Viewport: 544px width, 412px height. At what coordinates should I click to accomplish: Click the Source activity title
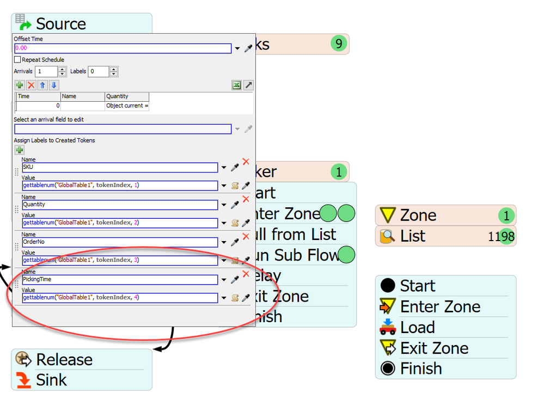[x=60, y=23]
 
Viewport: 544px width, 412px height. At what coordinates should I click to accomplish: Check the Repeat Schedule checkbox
[x=17, y=60]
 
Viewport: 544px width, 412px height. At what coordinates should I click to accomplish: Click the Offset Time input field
[x=123, y=48]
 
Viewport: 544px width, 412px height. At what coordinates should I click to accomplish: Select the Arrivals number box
[x=46, y=71]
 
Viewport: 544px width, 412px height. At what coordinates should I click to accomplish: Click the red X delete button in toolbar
[x=31, y=85]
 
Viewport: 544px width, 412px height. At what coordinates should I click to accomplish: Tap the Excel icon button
[x=236, y=85]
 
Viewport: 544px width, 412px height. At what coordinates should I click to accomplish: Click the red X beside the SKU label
[x=246, y=162]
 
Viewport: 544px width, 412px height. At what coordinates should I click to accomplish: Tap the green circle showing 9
[x=339, y=44]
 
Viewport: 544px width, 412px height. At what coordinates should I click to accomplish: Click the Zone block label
[x=418, y=215]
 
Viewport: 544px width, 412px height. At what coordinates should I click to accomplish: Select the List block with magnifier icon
[x=412, y=236]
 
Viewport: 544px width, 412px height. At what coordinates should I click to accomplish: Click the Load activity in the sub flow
[x=417, y=327]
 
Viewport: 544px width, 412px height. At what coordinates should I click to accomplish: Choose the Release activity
[x=64, y=359]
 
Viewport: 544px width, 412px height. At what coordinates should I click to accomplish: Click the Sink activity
[x=51, y=380]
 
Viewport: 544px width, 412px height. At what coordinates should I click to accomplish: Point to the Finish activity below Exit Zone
[x=420, y=368]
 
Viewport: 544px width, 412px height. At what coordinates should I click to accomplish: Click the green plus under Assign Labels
[x=20, y=150]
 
